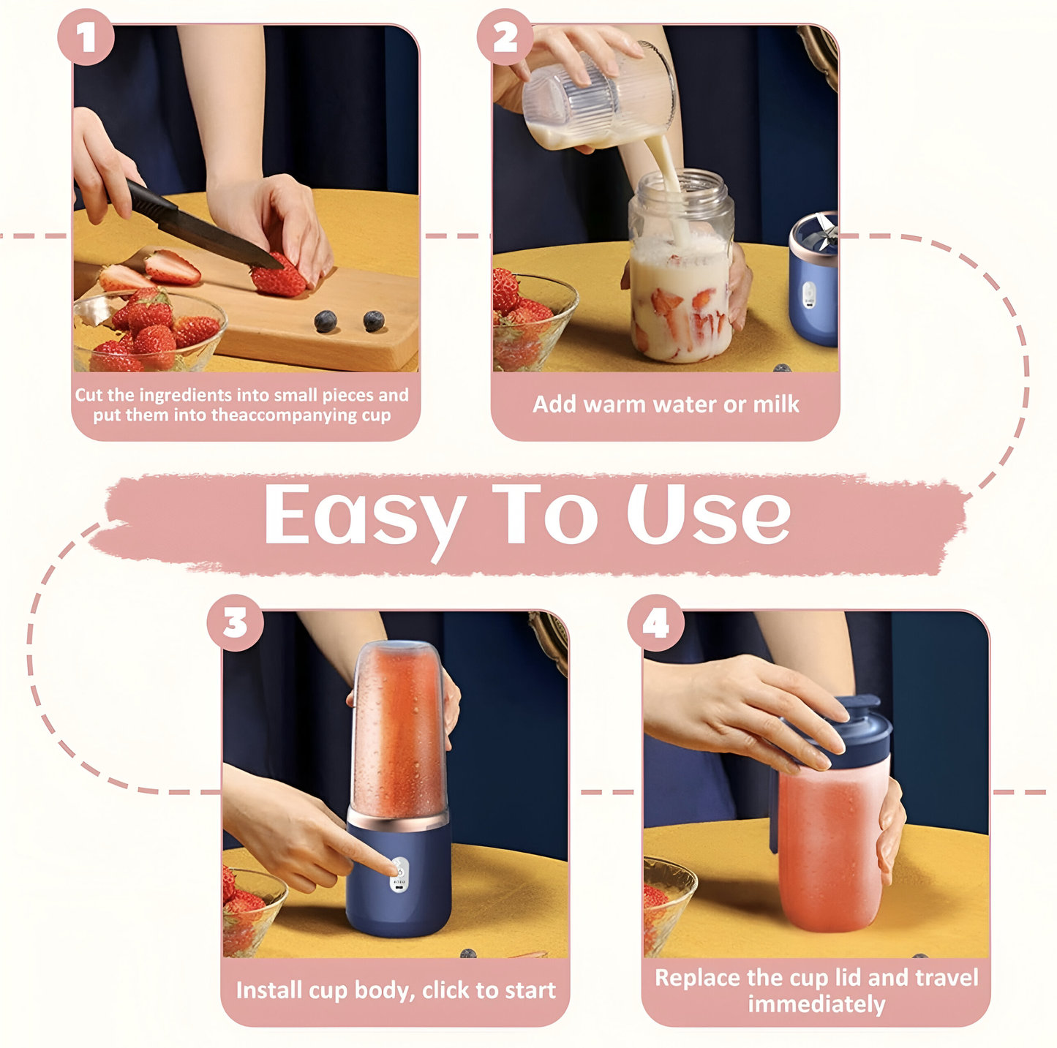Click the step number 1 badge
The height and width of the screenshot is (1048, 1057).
(86, 37)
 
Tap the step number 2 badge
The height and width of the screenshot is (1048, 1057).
(505, 37)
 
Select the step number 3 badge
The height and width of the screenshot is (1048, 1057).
(236, 623)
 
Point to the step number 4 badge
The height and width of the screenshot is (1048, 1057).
(655, 623)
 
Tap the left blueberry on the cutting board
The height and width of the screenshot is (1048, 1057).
(326, 321)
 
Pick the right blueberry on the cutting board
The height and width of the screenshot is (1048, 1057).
(374, 321)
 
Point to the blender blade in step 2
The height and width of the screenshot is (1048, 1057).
(823, 230)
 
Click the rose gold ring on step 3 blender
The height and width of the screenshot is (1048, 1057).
(398, 819)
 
